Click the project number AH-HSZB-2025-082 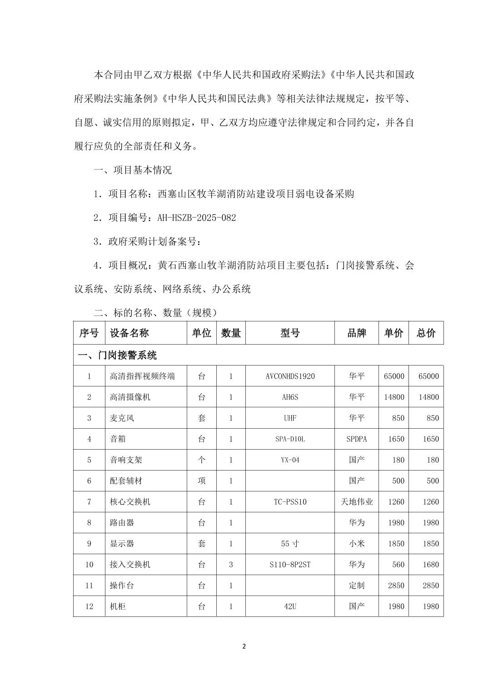196,218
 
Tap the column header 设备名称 129,333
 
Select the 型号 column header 289,333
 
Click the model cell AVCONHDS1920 289,376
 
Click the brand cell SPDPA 356,439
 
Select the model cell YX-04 289,460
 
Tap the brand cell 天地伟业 356,502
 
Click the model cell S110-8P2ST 289,565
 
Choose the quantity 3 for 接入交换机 230,565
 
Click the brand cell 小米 356,544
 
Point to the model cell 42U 289,606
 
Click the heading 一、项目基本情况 133,170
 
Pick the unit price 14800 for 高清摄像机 393,397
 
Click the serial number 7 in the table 89,502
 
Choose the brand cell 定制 356,586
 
